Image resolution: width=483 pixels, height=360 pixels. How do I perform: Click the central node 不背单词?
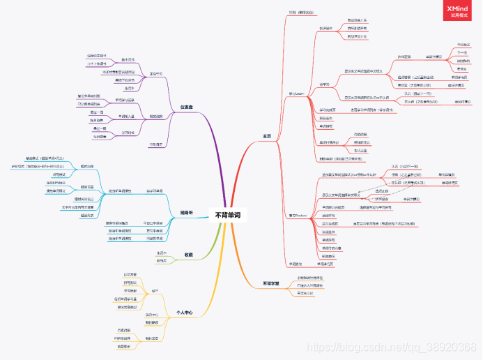pyautogui.click(x=229, y=215)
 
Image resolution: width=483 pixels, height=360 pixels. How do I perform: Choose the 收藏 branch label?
pyautogui.click(x=187, y=255)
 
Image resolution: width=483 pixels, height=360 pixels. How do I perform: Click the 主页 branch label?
pyautogui.click(x=266, y=135)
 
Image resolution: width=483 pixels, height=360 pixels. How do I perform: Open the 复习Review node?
pyautogui.click(x=298, y=216)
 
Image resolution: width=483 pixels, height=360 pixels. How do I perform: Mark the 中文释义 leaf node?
pyautogui.click(x=462, y=44)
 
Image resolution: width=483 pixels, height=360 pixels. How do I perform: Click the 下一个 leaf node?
pyautogui.click(x=462, y=52)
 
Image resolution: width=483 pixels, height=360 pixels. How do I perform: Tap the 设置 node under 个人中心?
pyautogui.click(x=155, y=290)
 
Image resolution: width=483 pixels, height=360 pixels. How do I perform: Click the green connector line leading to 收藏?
pyautogui.click(x=202, y=241)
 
